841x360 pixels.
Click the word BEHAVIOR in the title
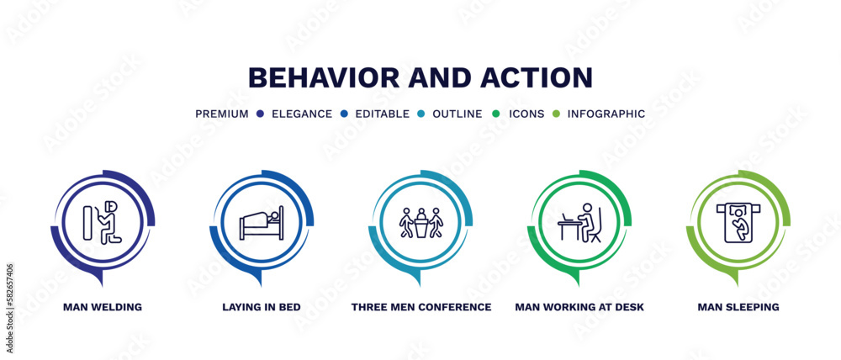point(324,77)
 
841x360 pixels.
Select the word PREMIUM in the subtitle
point(222,114)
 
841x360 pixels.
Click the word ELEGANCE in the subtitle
point(302,114)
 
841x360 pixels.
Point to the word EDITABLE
point(383,114)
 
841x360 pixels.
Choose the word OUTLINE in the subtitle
point(458,114)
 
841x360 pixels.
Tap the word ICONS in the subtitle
point(526,114)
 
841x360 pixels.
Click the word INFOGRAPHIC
point(606,114)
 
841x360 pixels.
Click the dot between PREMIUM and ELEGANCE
point(261,114)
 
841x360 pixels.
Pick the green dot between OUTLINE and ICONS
point(495,114)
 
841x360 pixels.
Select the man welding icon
point(103,222)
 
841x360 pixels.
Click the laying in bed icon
point(262,223)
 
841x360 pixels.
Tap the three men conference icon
point(421,223)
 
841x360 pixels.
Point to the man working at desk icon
point(579,223)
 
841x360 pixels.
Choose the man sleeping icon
point(738,223)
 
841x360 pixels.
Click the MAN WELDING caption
point(103,307)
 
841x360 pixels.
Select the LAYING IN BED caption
point(262,307)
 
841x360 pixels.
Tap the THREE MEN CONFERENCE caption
point(421,307)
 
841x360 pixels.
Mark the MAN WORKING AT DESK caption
point(579,307)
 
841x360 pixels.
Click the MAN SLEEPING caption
point(738,307)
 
